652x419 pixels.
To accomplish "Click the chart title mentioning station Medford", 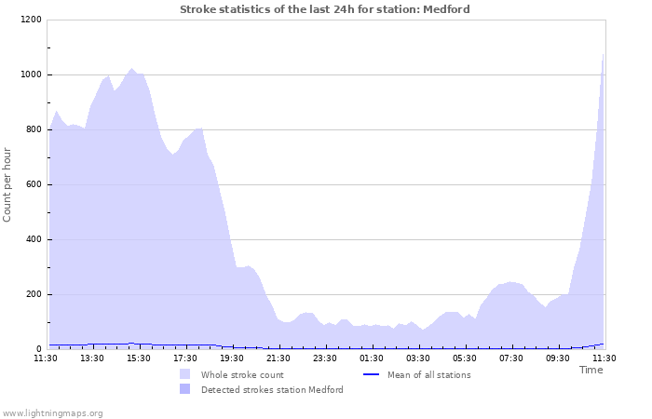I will pos(324,9).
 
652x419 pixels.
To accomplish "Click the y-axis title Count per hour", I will pos(8,184).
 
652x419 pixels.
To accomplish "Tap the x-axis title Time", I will pos(591,370).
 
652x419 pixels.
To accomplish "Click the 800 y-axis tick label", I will pos(33,129).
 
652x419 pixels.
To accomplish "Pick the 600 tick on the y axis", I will pos(33,184).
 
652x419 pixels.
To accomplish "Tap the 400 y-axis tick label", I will pos(33,239).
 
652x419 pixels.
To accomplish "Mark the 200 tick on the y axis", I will pos(33,294).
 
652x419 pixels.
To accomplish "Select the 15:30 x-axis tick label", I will pos(139,358).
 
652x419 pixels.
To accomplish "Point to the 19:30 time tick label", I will pos(232,358).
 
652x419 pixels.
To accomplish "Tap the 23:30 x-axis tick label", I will pos(325,358).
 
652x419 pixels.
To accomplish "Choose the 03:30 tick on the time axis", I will pos(418,358).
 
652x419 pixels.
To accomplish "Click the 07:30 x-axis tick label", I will pos(511,358).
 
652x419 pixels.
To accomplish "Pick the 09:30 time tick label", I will pos(558,358).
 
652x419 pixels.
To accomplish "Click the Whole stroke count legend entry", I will pos(242,375).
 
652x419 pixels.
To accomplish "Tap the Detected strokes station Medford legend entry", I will pos(272,390).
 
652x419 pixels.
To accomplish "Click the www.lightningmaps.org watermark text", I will pos(53,412).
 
